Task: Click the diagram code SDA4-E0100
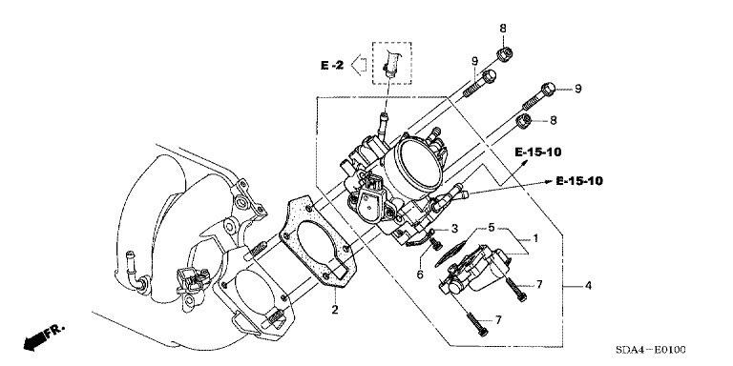tap(654, 350)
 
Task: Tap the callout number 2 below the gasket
tap(335, 310)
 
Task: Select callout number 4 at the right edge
tap(588, 285)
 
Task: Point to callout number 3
tap(454, 229)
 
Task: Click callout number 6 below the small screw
tap(420, 274)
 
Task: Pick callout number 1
tap(535, 238)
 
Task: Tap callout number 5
tap(492, 228)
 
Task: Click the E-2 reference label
tap(332, 66)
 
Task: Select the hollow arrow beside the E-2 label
tap(358, 65)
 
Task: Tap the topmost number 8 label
tap(503, 28)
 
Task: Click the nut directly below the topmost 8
tap(503, 55)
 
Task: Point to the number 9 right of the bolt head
tap(578, 89)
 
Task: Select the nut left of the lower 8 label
tap(524, 121)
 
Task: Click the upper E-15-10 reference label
tap(538, 152)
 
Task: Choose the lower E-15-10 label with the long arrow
tap(579, 181)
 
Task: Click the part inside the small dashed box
tap(389, 62)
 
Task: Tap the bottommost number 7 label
tap(498, 320)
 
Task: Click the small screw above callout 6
tap(437, 243)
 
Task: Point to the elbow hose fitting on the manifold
tap(136, 274)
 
